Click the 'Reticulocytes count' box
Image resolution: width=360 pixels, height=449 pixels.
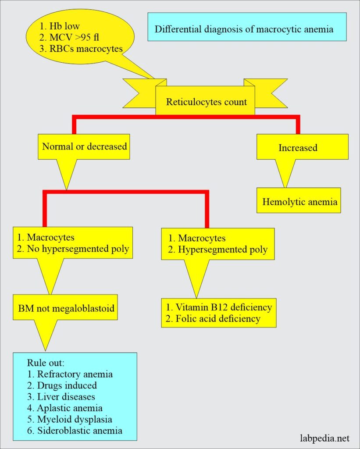tap(206, 102)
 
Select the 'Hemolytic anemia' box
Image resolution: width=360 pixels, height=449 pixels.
tap(299, 202)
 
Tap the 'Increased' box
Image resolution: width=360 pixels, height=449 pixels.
tap(298, 148)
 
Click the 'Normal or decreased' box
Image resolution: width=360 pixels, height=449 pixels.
tap(84, 146)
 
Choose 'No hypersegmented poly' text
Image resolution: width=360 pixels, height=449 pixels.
tap(74, 249)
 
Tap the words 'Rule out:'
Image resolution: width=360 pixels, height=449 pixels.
tap(44, 363)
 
